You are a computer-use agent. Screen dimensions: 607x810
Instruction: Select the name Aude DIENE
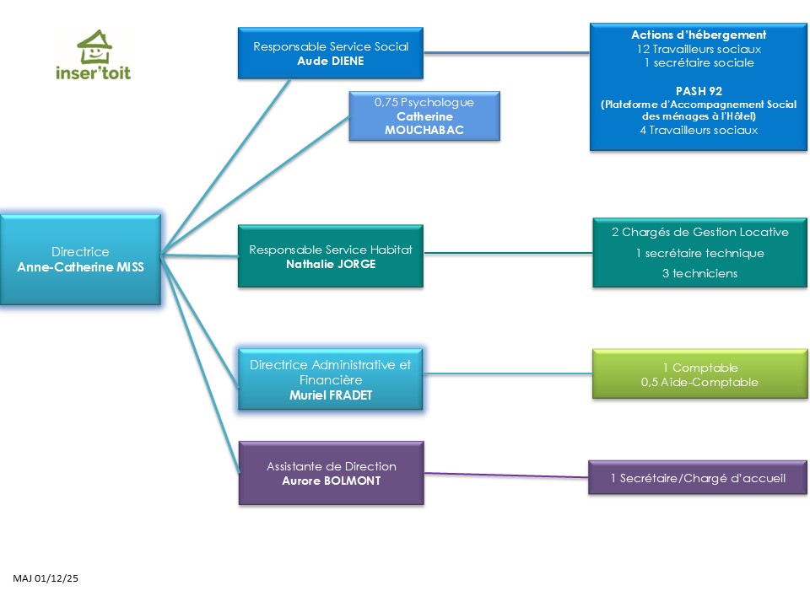[331, 62]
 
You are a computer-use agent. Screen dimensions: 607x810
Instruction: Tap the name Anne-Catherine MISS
[80, 266]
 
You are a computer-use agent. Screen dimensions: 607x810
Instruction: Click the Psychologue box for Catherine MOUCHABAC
[424, 115]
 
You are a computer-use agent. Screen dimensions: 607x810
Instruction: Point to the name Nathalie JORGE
[331, 264]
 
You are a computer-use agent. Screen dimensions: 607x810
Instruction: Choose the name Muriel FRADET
[330, 395]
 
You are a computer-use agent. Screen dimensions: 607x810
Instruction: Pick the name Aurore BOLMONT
[331, 481]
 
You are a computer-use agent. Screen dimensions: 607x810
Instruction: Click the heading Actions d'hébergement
[699, 35]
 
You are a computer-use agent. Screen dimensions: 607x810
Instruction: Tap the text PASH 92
[699, 89]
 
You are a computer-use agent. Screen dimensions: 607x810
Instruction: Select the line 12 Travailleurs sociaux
[699, 49]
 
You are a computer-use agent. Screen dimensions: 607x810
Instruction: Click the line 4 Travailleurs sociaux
[699, 130]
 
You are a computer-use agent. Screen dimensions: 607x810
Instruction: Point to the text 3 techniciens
[699, 273]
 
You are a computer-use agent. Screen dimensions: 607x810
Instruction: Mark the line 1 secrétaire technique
[699, 253]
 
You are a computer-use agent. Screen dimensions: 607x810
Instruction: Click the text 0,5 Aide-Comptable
[699, 382]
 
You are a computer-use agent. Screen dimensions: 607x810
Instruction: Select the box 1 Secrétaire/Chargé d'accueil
[698, 478]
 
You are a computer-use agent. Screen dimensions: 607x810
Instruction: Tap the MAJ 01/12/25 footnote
[46, 578]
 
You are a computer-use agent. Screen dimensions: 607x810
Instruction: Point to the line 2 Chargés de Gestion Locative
[699, 232]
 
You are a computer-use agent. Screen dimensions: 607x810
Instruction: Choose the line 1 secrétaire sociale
[699, 62]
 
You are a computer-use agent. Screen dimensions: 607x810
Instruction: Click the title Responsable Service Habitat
[331, 250]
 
